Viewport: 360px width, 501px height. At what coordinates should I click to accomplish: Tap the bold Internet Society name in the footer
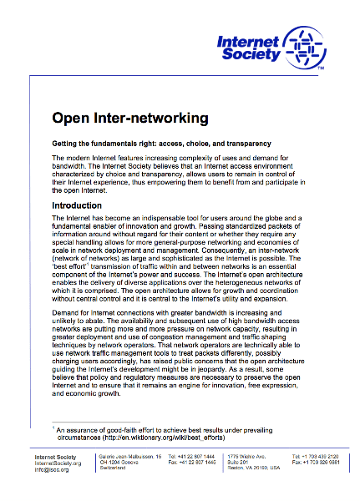57,457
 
